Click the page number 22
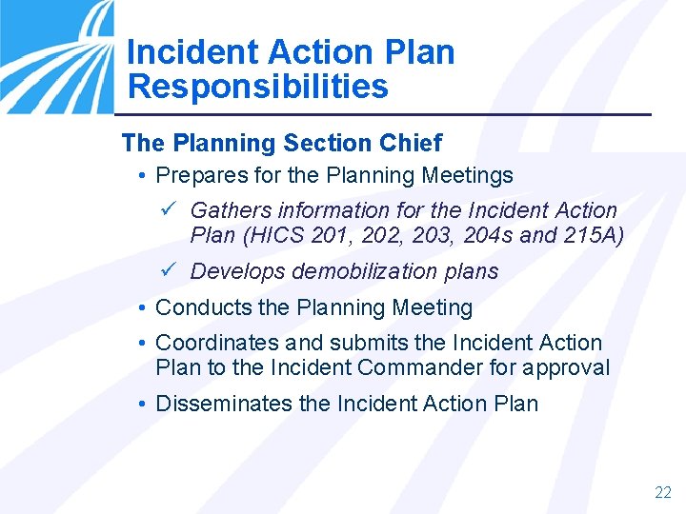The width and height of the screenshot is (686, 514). [663, 492]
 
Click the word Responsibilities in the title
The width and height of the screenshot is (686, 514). [257, 87]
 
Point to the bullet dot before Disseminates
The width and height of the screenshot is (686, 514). [141, 404]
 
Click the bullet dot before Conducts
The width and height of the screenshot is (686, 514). [141, 308]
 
